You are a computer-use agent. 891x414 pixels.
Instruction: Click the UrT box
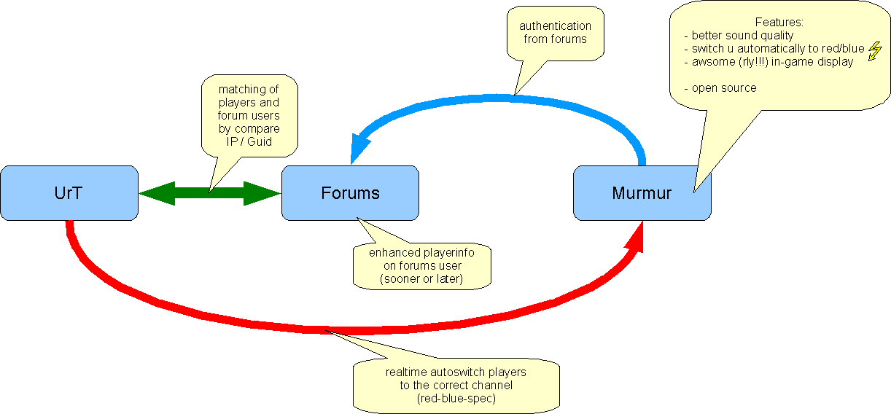pos(69,193)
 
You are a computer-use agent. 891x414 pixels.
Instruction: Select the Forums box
pos(350,193)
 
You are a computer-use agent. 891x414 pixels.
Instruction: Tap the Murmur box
pos(642,193)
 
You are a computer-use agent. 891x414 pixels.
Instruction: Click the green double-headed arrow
pos(209,193)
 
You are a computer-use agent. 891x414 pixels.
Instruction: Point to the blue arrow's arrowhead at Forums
pos(357,149)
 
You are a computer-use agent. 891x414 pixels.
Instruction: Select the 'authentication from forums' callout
pos(555,33)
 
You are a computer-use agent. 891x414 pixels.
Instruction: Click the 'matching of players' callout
pos(249,115)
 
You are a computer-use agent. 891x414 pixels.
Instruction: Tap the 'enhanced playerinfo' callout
pos(422,265)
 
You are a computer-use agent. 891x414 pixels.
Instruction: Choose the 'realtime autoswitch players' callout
pos(456,384)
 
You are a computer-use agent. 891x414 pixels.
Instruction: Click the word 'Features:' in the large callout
pos(779,23)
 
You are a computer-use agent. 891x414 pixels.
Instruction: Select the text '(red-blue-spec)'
pos(456,397)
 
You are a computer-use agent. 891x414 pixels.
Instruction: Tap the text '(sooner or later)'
pos(422,278)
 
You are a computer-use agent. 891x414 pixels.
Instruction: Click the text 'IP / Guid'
pos(249,141)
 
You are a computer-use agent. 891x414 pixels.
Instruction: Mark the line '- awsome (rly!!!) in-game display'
pos(769,61)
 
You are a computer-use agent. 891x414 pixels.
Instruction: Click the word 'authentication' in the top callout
pos(555,26)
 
